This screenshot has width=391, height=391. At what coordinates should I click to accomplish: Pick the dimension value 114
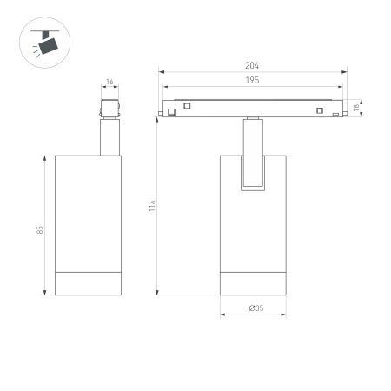151,206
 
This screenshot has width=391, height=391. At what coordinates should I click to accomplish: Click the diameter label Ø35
255,308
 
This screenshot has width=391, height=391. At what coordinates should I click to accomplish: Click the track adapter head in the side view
109,110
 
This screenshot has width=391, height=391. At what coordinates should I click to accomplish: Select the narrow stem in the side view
109,139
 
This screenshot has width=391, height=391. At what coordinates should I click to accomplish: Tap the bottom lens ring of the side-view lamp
88,284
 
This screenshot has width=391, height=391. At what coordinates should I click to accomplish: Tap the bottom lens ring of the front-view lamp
252,284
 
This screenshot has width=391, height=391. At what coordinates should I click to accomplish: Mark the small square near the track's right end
321,109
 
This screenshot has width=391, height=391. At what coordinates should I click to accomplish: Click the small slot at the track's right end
335,113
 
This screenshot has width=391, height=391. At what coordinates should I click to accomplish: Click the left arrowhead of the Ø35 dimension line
222,315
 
